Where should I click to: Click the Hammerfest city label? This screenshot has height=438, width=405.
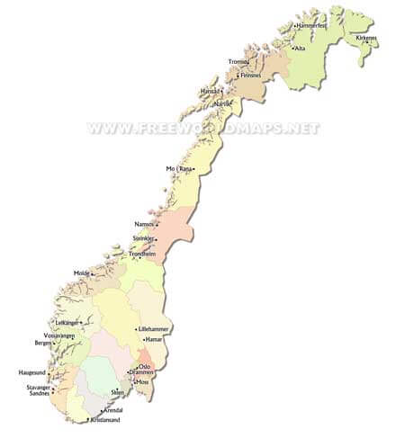pyautogui.click(x=311, y=26)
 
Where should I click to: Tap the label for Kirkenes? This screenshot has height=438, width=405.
pyautogui.click(x=365, y=39)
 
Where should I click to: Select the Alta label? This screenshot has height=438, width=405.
pyautogui.click(x=300, y=49)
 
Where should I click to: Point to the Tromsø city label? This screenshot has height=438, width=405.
pyautogui.click(x=238, y=62)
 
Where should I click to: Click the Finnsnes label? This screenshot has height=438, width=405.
pyautogui.click(x=251, y=76)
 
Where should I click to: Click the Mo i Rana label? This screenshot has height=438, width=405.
pyautogui.click(x=178, y=169)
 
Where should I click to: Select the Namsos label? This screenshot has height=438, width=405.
pyautogui.click(x=144, y=224)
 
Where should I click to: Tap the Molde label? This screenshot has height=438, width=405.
pyautogui.click(x=83, y=272)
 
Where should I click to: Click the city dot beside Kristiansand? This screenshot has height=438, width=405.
pyautogui.click(x=87, y=420)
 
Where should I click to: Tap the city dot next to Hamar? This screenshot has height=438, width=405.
pyautogui.click(x=142, y=340)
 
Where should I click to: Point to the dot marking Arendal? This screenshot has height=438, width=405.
pyautogui.click(x=103, y=410)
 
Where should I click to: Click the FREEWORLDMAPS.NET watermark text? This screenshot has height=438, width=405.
pyautogui.click(x=203, y=129)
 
